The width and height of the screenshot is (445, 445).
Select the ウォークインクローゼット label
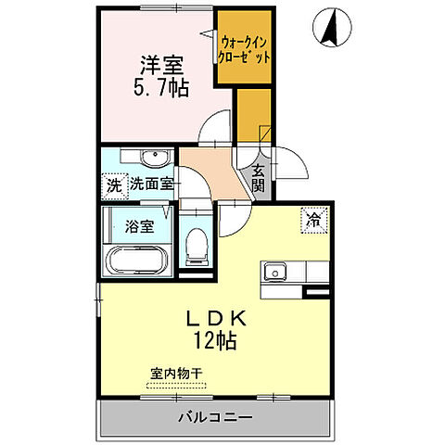[245, 49]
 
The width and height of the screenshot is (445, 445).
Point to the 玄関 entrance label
[258, 178]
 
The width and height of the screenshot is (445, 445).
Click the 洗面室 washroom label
[151, 184]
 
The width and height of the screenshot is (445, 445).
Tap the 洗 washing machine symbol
[114, 184]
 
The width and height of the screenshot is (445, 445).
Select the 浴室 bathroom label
[132, 224]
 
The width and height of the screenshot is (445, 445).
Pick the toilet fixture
[196, 247]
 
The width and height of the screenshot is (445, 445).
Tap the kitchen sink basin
[273, 273]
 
